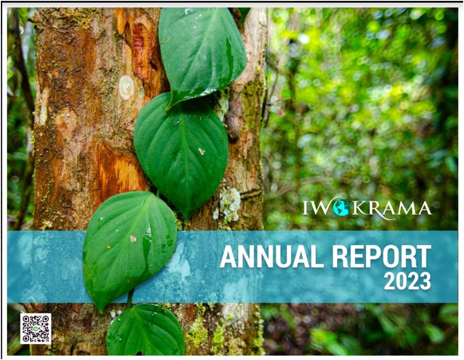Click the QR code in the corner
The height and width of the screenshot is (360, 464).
pyautogui.click(x=36, y=329)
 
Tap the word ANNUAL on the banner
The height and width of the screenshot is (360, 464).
pyautogui.click(x=272, y=256)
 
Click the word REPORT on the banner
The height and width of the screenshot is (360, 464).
pyautogui.click(x=382, y=256)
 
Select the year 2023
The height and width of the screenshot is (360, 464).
pyautogui.click(x=407, y=281)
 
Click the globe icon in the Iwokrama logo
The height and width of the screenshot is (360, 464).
pyautogui.click(x=342, y=208)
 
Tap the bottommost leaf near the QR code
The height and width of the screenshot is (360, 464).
pyautogui.click(x=145, y=331)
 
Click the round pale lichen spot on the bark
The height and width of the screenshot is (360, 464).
pyautogui.click(x=126, y=87)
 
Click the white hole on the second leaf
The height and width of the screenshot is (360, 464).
pyautogui.click(x=202, y=151)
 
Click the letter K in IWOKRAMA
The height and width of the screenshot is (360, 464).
pyautogui.click(x=359, y=208)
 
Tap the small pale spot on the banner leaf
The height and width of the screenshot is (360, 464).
pyautogui.click(x=133, y=238)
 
